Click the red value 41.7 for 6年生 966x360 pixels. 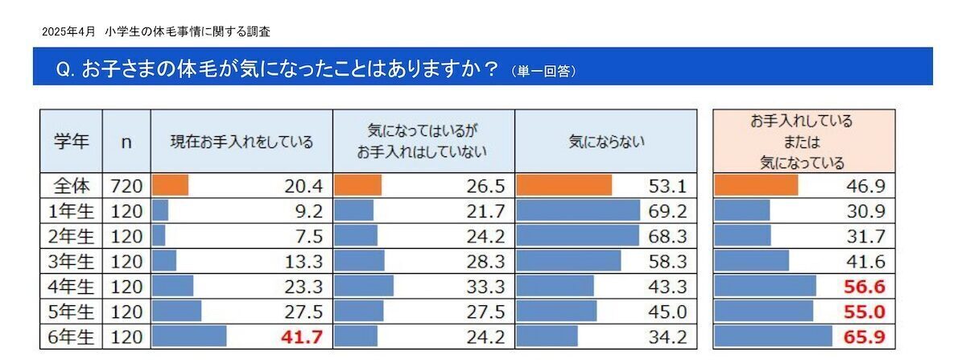(304, 336)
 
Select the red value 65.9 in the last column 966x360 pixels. (869, 336)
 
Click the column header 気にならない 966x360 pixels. (605, 142)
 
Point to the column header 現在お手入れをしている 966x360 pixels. (242, 142)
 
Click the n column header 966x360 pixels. (126, 142)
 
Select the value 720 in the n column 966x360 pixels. (126, 186)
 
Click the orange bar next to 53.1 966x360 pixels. (563, 186)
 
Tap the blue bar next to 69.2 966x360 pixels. (578, 211)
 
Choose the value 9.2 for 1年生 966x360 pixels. (310, 211)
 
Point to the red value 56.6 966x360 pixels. (869, 286)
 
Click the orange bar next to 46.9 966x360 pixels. (756, 186)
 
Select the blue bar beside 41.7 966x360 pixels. (189, 336)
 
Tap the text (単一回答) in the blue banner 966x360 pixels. (543, 72)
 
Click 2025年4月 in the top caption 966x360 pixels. (68, 32)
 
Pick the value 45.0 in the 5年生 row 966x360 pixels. (669, 311)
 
